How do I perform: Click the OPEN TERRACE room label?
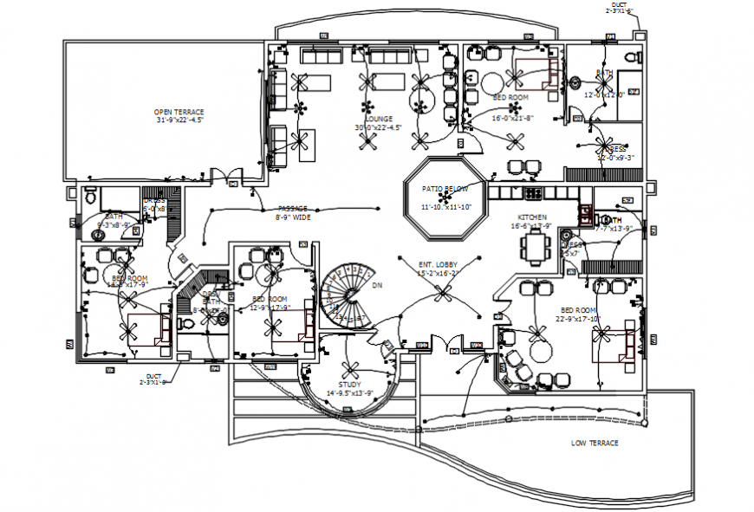(179, 112)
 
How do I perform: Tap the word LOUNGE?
(379, 119)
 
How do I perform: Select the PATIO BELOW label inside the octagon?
(445, 188)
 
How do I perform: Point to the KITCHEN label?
(531, 217)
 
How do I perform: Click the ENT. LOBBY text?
(438, 264)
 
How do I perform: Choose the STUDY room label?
(350, 384)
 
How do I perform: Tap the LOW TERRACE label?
(595, 443)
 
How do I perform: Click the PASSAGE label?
(292, 209)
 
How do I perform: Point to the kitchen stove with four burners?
(530, 191)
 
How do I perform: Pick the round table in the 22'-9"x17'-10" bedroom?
(541, 351)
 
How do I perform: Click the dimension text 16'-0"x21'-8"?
(513, 118)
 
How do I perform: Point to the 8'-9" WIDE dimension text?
(292, 217)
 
